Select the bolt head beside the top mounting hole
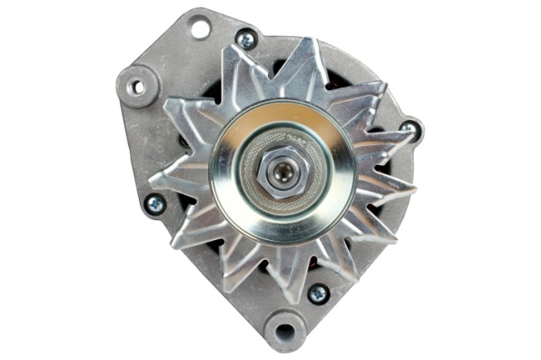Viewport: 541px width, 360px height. coord(245,39)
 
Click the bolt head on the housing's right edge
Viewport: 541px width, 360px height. coord(410,129)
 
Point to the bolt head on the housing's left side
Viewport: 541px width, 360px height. coord(154,205)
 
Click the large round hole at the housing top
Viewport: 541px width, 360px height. coord(199,28)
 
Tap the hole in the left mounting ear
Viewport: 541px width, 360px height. coord(136,88)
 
